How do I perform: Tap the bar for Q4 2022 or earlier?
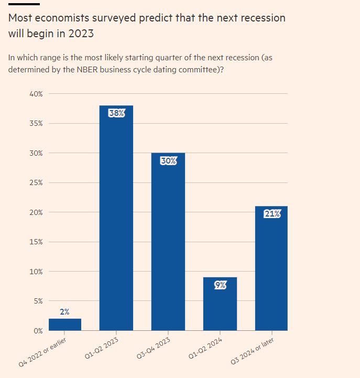[x=64, y=325]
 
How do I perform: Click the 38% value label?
[x=116, y=113]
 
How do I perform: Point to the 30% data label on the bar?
[x=168, y=161]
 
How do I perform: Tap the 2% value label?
[x=64, y=311]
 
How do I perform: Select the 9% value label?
[x=220, y=285]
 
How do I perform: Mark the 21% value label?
[x=271, y=213]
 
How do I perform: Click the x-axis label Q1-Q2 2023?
[x=102, y=349]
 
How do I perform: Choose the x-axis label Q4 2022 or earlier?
[x=44, y=353]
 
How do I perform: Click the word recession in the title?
[x=257, y=18]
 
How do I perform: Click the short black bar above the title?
[x=20, y=4]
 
